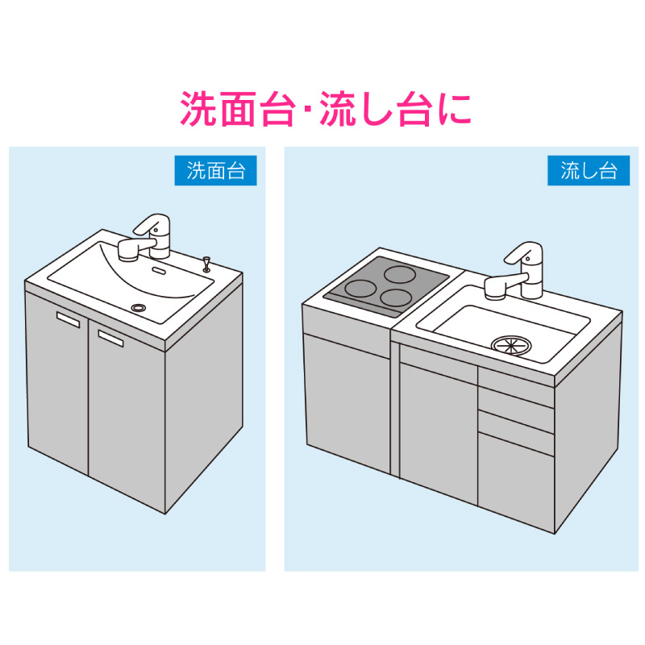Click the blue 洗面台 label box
pos(215,170)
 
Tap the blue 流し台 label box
pos(589,170)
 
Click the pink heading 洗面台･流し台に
pos(325,109)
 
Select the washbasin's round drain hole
pos(139,308)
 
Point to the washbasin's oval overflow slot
pos(159,271)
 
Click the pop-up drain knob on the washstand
pos(206,264)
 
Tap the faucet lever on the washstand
pos(151,223)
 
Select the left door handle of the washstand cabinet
pos(68,319)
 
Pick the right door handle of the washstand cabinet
pos(110,338)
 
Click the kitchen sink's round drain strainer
pos(511,345)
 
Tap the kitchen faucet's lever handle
pos(522,252)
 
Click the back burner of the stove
pos(400,274)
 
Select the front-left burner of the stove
pos(360,289)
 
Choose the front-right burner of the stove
pos(396,298)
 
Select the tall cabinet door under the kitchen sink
pos(439,433)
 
